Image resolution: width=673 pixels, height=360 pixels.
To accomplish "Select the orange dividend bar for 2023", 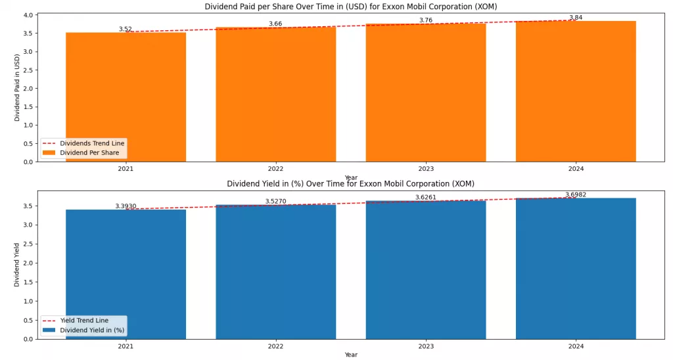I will (426, 92).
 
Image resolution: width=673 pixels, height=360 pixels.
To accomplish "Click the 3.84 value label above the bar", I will (576, 18).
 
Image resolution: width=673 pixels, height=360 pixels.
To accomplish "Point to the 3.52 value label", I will (126, 29).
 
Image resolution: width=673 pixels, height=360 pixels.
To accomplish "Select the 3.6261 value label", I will (426, 197).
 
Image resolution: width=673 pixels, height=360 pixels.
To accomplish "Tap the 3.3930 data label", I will (126, 206).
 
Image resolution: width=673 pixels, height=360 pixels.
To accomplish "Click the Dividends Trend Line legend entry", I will (91, 143).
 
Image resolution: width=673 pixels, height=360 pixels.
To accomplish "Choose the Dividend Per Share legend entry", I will (89, 152).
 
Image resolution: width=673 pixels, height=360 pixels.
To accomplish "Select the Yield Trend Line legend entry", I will (83, 321).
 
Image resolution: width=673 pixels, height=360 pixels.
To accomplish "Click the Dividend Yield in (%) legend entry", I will (91, 330).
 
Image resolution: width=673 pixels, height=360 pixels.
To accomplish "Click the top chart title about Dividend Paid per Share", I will (351, 7).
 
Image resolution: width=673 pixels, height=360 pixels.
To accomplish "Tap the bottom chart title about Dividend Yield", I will (351, 184).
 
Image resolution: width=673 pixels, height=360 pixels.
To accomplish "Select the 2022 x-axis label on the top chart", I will (275, 169).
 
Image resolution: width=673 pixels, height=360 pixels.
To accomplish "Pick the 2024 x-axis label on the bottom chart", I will (576, 346).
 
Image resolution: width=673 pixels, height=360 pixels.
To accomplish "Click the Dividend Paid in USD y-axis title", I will (18, 87).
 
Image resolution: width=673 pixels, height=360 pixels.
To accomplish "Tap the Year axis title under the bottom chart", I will (351, 355).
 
